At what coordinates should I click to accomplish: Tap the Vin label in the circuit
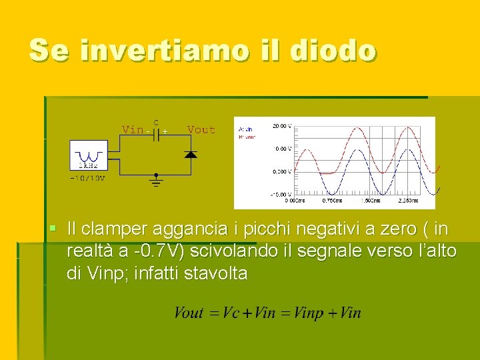point(132,129)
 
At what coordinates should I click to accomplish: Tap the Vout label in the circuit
point(201,129)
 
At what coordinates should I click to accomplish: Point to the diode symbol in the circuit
point(191,155)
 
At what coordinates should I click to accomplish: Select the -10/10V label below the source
point(87,179)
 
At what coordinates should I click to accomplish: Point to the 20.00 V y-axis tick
point(281,125)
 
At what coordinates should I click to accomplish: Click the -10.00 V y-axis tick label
point(281,195)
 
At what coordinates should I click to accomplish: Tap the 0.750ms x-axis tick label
point(333,200)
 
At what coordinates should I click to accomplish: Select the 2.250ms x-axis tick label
point(407,200)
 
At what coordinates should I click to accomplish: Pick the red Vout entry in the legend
point(246,136)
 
